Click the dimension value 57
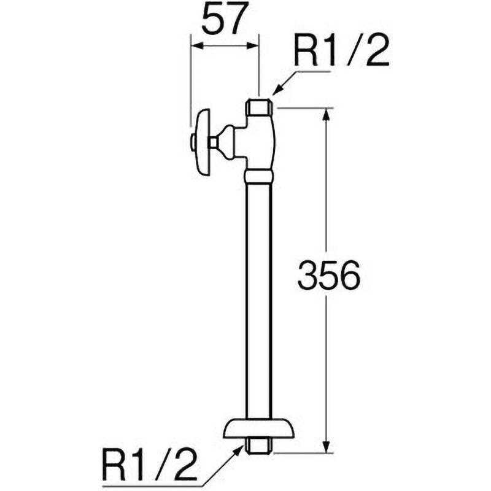[223, 20]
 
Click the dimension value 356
[328, 274]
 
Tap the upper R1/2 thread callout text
[342, 50]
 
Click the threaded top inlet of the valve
[258, 106]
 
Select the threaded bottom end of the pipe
[258, 445]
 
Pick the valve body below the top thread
[261, 142]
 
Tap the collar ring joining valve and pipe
[258, 177]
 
